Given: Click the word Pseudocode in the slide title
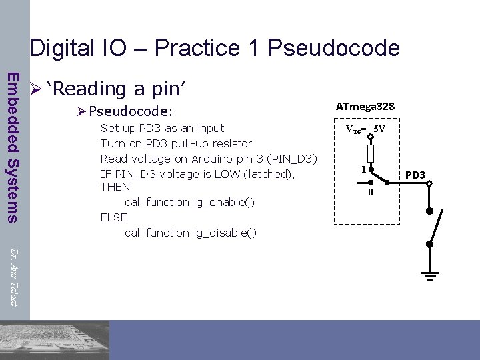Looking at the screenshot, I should [x=333, y=48].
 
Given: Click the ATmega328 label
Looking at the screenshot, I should [x=365, y=107].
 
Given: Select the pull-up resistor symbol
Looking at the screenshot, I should [x=371, y=154].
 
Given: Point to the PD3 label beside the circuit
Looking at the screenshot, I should [x=415, y=175].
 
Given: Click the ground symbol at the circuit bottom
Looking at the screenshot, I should [x=430, y=275].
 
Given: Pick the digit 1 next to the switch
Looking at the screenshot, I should [x=363, y=169].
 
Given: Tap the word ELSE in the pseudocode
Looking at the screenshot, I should [x=113, y=217].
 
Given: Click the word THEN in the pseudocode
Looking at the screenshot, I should [x=115, y=187].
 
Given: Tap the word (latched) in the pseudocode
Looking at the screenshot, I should [x=269, y=174].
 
